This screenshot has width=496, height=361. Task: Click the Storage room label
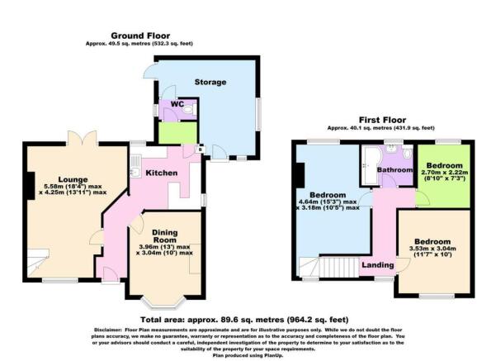210,83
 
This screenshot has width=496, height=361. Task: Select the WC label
177,105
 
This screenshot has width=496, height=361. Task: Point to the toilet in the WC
188,109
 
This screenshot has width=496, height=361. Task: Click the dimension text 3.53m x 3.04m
434,253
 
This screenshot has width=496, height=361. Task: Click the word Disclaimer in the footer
111,328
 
